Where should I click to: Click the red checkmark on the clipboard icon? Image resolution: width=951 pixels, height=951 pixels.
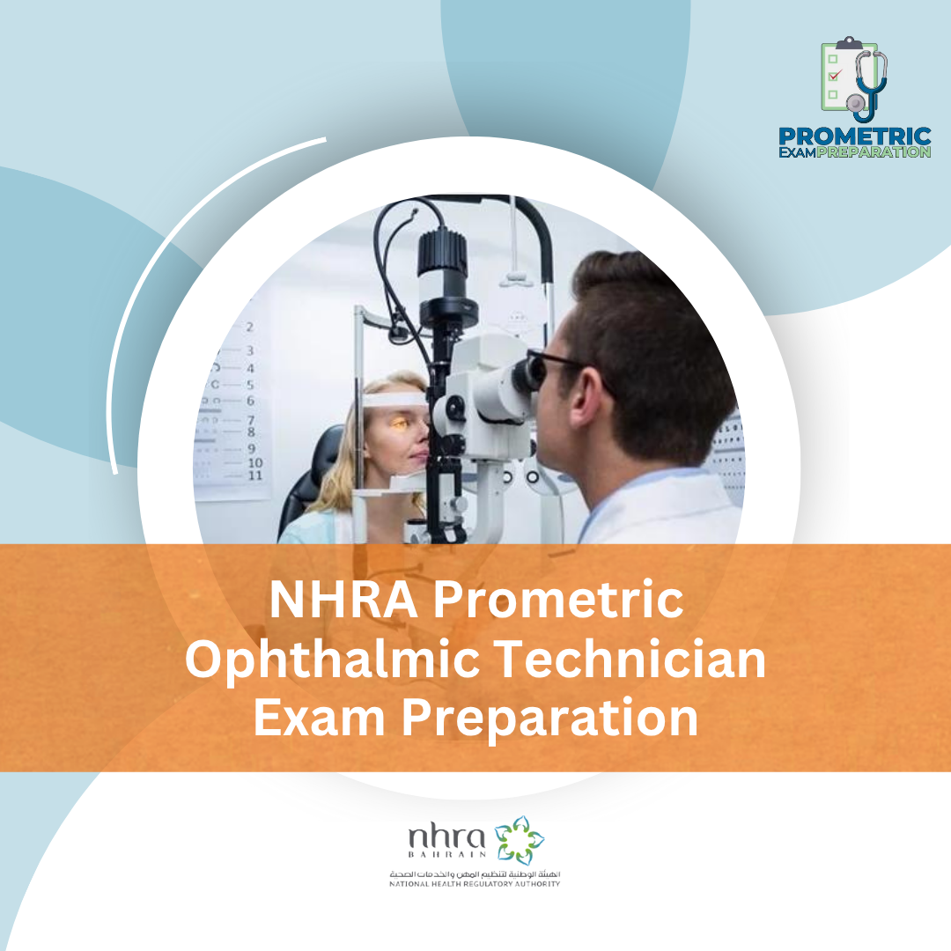(x=835, y=76)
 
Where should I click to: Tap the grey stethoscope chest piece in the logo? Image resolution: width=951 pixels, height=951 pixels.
(x=854, y=104)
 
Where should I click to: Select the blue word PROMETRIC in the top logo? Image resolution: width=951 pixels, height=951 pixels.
(x=854, y=137)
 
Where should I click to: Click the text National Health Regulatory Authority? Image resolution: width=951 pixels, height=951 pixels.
(x=475, y=883)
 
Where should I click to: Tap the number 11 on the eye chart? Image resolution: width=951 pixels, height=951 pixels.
(x=254, y=475)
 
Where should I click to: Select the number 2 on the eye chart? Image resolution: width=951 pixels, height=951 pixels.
(x=250, y=327)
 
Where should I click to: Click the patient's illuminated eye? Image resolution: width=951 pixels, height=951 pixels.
(x=399, y=424)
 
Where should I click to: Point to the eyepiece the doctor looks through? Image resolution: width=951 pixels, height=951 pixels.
(x=528, y=373)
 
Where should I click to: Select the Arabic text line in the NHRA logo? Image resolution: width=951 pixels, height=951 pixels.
(x=475, y=873)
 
